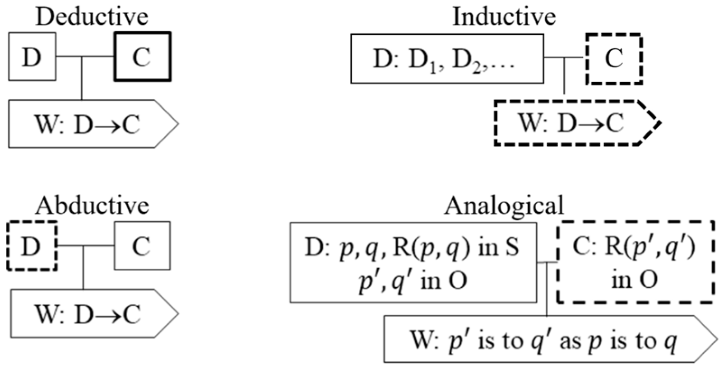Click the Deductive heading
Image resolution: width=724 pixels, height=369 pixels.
tap(92, 17)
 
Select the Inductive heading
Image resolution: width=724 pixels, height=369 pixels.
tap(504, 17)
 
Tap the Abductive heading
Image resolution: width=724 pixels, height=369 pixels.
tap(92, 206)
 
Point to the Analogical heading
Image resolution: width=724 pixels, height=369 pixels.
tap(504, 206)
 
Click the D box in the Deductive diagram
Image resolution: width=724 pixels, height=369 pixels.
tap(32, 57)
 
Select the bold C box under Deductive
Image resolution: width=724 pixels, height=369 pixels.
tap(143, 57)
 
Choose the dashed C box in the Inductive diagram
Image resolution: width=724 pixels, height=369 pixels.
tap(614, 59)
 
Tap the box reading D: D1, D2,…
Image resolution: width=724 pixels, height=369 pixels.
tap(447, 59)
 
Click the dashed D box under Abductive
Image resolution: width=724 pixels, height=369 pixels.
tap(32, 246)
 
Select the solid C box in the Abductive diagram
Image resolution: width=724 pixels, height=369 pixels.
tap(142, 246)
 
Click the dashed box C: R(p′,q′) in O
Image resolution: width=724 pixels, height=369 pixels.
tap(636, 262)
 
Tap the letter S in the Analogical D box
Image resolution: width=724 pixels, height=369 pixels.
tap(512, 248)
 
